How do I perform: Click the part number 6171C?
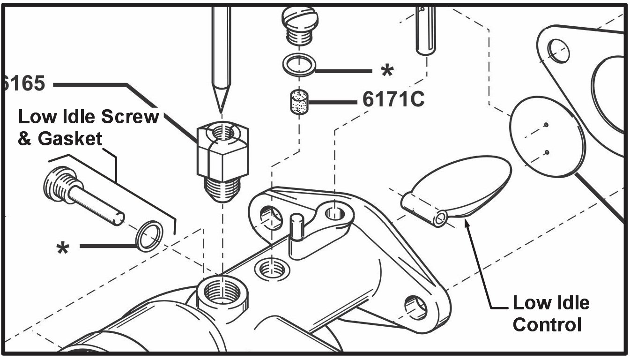click(393, 99)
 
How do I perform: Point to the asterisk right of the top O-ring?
click(387, 72)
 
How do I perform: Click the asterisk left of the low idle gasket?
click(62, 248)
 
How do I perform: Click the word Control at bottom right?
click(547, 324)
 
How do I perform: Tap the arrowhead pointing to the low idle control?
click(466, 222)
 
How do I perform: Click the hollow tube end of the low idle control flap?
click(440, 218)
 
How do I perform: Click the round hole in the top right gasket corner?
click(557, 49)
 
